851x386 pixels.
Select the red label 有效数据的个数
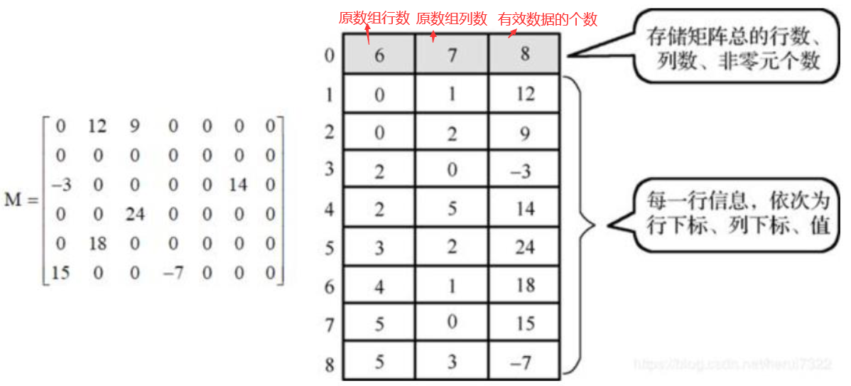tap(548, 19)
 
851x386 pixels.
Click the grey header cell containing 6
tap(379, 55)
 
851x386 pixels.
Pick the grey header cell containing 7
tap(452, 55)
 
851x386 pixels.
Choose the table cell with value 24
tap(524, 247)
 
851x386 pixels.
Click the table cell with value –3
tap(524, 171)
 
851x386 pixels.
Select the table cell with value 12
tap(524, 94)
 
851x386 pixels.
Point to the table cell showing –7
tap(524, 361)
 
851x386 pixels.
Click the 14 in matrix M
tap(238, 186)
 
